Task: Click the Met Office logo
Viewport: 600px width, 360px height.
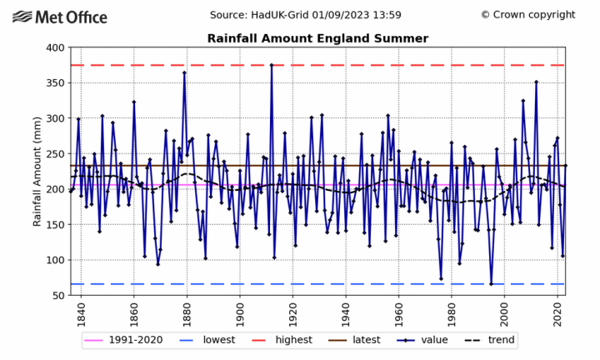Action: (60, 17)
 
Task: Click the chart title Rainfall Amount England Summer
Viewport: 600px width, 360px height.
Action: (317, 38)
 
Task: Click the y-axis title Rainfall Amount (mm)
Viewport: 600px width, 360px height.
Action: (37, 172)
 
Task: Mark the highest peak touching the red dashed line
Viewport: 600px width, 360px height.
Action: (272, 65)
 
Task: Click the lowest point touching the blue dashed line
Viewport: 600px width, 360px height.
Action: (491, 284)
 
